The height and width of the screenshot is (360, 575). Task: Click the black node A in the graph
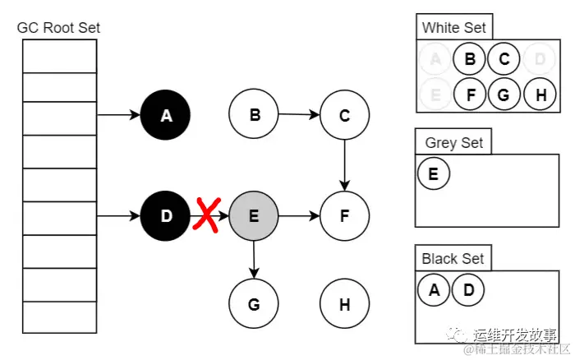[x=166, y=117]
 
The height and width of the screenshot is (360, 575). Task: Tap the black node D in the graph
[x=166, y=217]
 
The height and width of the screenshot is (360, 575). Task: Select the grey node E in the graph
[x=254, y=217]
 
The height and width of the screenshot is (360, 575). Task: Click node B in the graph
[x=255, y=116]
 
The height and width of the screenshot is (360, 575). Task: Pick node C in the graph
[x=344, y=117]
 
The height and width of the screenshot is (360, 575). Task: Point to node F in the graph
[x=344, y=217]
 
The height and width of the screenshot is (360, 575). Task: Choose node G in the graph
[x=254, y=304]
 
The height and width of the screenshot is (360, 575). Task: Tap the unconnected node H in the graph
[x=344, y=304]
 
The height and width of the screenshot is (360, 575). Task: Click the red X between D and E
[x=209, y=218]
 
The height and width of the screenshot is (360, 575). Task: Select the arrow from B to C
[x=299, y=116]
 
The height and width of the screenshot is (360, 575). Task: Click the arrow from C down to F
[x=344, y=166]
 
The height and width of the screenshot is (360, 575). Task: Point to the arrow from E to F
[x=299, y=217]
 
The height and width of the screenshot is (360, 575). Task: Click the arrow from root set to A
[x=118, y=117]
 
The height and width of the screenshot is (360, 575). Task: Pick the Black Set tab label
[x=453, y=259]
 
